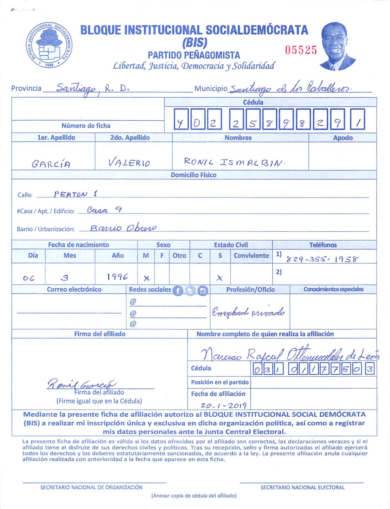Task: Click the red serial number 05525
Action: (x=301, y=50)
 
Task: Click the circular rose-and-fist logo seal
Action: (x=49, y=45)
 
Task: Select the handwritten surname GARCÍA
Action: (x=51, y=164)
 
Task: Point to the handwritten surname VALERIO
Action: (x=129, y=162)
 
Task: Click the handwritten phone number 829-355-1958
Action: (x=322, y=259)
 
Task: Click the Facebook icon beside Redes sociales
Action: (x=178, y=290)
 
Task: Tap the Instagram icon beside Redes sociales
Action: (x=203, y=290)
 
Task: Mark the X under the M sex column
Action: (x=146, y=278)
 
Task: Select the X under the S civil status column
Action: (x=219, y=278)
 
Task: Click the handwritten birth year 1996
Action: (x=117, y=277)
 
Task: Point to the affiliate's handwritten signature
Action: (x=81, y=384)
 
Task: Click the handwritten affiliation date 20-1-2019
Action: (x=223, y=405)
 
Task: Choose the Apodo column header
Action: (x=343, y=138)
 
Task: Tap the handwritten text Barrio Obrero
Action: (x=123, y=228)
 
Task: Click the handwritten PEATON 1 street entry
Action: (x=75, y=194)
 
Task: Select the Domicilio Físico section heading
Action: (x=193, y=175)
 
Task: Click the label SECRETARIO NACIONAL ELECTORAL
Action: (x=302, y=487)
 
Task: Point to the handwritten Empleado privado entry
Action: (x=248, y=312)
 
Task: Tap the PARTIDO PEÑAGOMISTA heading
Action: (x=194, y=55)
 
